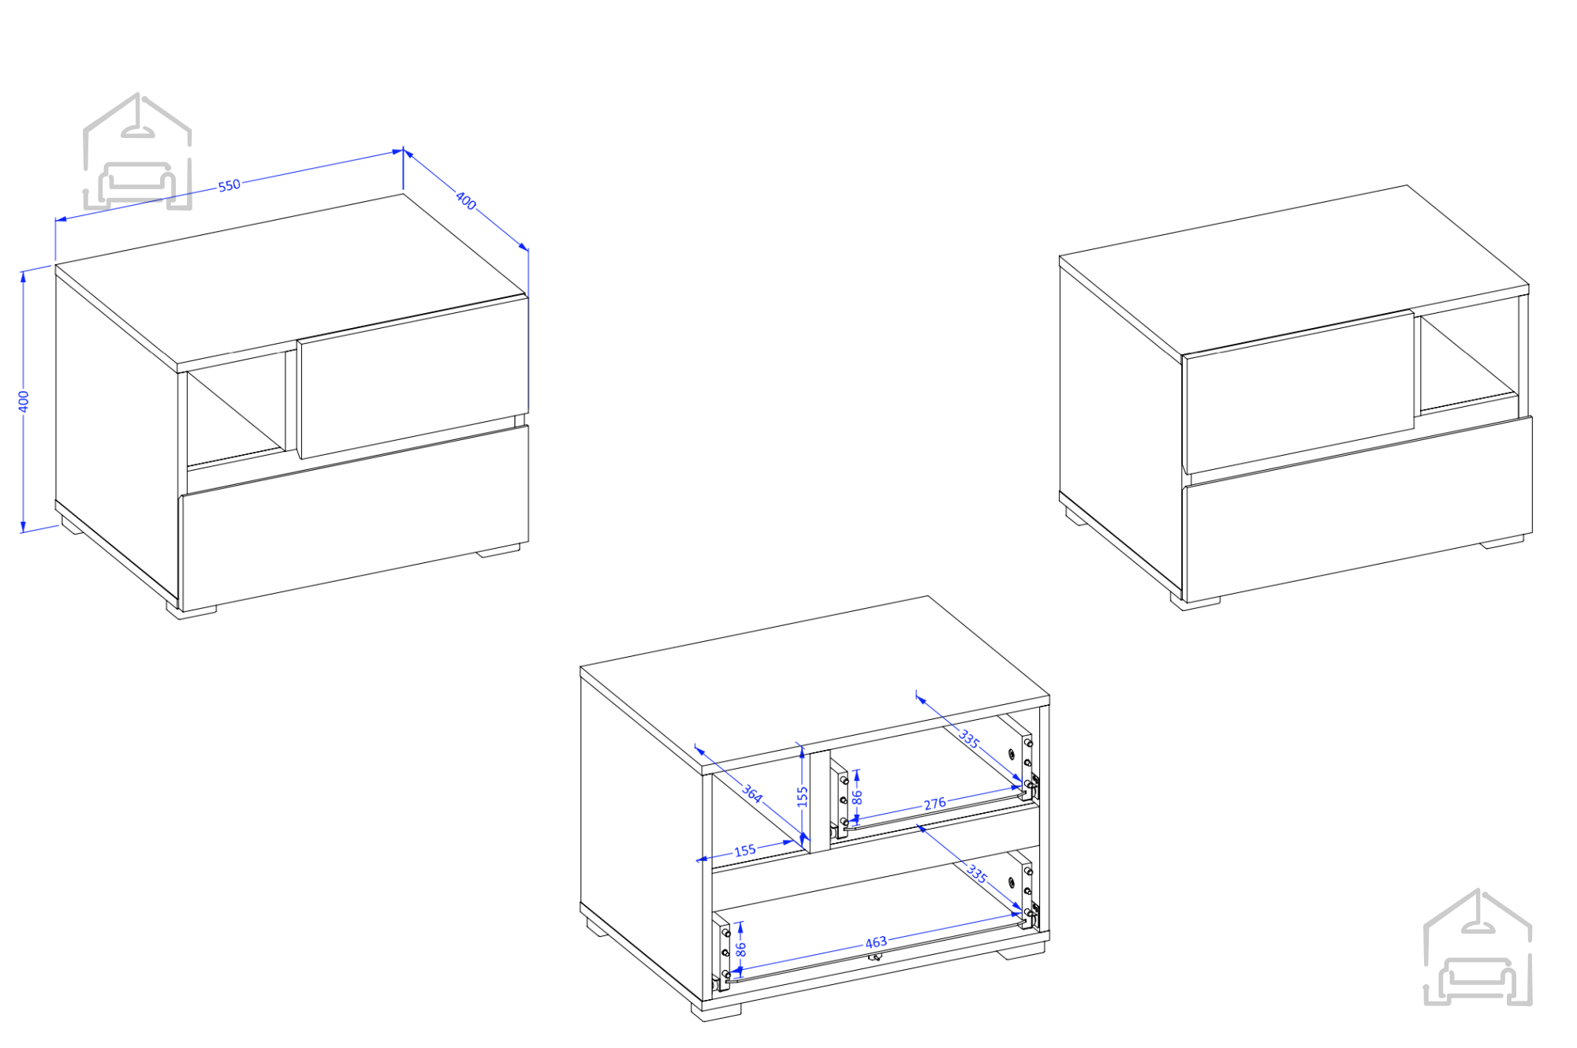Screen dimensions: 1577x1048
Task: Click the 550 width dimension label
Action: [229, 185]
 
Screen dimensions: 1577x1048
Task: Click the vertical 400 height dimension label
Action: [24, 401]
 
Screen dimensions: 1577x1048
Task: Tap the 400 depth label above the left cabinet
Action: [466, 201]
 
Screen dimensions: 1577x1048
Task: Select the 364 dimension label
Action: [752, 793]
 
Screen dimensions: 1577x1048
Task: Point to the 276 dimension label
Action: [934, 804]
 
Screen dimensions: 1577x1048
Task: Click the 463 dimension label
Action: [876, 942]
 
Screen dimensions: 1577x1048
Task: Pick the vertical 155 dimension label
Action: [803, 796]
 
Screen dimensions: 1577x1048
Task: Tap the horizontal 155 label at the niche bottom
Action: [745, 851]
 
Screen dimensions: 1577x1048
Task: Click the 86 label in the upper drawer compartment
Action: [857, 797]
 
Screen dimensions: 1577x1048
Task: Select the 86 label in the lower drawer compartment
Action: [740, 949]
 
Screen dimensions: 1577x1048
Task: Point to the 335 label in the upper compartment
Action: [969, 739]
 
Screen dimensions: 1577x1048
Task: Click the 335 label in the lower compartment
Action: [977, 873]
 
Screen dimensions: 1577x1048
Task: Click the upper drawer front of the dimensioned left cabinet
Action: [412, 376]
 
